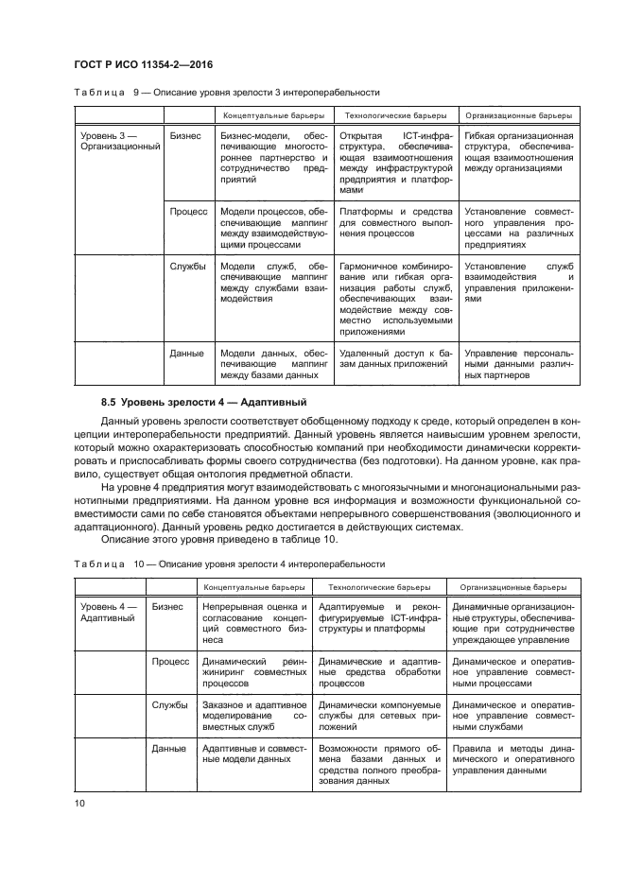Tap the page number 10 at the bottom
(x=79, y=804)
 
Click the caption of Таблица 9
(x=227, y=93)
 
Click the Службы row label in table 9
(x=187, y=267)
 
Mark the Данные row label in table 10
(x=169, y=748)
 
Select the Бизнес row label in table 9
(x=185, y=135)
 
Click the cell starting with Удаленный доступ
(x=395, y=359)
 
